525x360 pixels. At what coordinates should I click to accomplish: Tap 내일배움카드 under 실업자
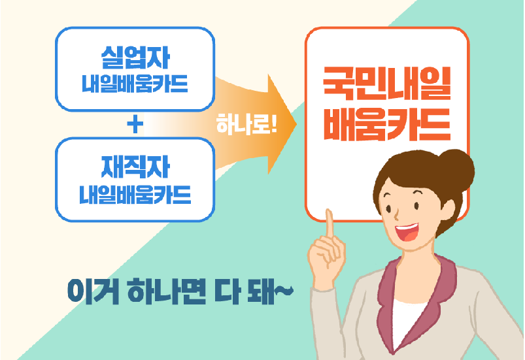(135, 84)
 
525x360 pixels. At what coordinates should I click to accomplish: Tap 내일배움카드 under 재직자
(135, 194)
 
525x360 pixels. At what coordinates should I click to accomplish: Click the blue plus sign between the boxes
(135, 124)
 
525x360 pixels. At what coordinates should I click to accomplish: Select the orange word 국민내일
(387, 83)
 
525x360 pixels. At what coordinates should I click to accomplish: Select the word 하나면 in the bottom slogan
(166, 289)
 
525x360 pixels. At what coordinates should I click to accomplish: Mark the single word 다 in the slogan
(226, 289)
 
